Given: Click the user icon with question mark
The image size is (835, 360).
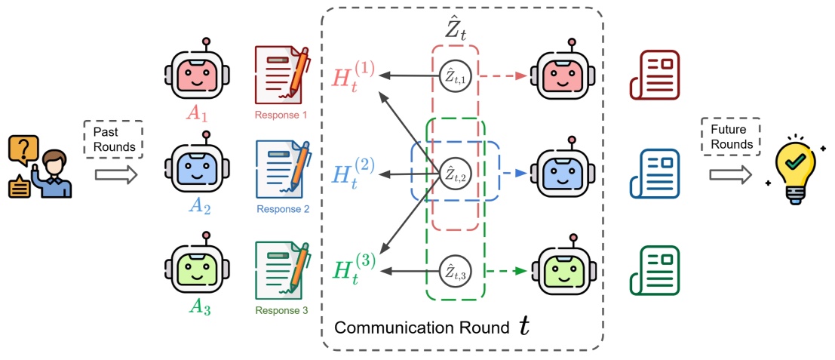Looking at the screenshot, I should (x=39, y=165).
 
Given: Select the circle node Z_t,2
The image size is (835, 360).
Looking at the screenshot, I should (x=455, y=174).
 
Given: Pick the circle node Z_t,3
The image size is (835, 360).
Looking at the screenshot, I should (x=455, y=270).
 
